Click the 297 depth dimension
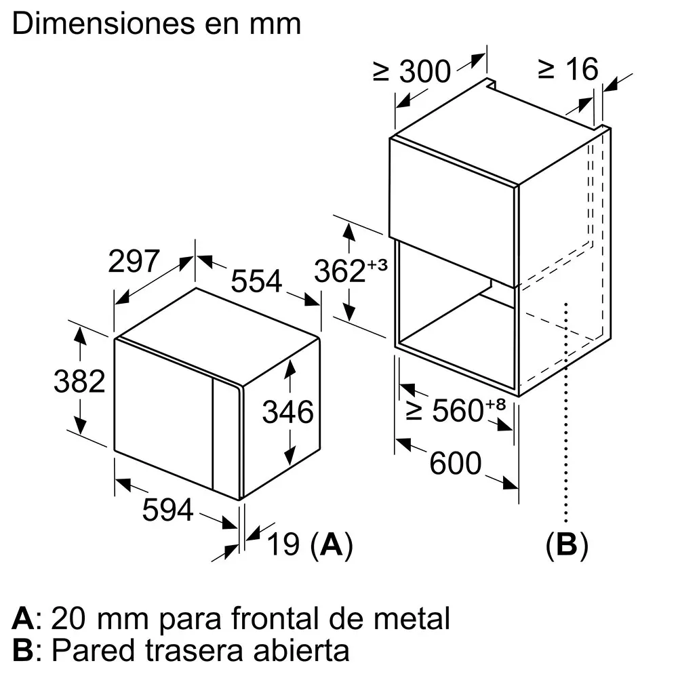click(x=134, y=261)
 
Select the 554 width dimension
click(x=256, y=281)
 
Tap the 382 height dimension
click(x=79, y=381)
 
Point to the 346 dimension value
click(x=288, y=412)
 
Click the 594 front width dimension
click(x=167, y=509)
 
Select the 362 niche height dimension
click(x=340, y=271)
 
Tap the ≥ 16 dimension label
click(x=568, y=68)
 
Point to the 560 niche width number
click(x=458, y=410)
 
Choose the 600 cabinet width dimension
click(x=456, y=462)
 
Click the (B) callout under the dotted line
click(x=567, y=544)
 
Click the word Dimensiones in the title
click(x=104, y=23)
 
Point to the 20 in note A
click(x=68, y=618)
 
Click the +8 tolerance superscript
click(x=496, y=404)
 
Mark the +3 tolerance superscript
click(x=378, y=264)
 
